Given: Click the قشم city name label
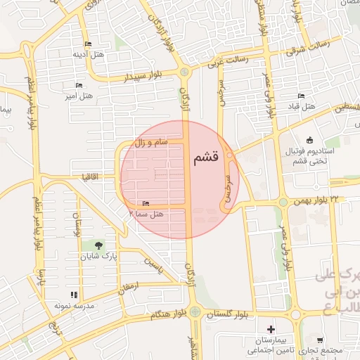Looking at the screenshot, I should coord(206,158).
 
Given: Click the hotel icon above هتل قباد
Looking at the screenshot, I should coord(302,96).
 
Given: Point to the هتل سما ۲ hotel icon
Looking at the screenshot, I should coord(146,203).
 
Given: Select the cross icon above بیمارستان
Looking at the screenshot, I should coord(271,328).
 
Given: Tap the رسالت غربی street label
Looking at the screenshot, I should coord(227,63).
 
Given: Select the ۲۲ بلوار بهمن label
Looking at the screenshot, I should coord(333,200).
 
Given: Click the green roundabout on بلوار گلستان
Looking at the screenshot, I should coord(195,312).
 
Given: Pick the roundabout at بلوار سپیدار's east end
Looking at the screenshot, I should coord(184,71).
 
